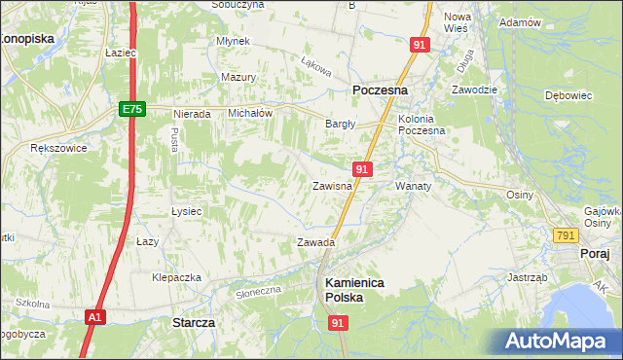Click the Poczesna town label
[380, 90]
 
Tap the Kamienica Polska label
[354, 290]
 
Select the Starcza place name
[193, 322]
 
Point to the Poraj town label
[594, 253]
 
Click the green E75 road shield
[133, 110]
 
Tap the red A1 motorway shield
[93, 317]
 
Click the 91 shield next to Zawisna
[361, 169]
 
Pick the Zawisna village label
[332, 186]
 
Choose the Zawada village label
[315, 242]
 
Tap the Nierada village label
[192, 114]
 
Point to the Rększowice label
[58, 149]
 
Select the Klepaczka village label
[176, 277]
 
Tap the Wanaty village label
[413, 185]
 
